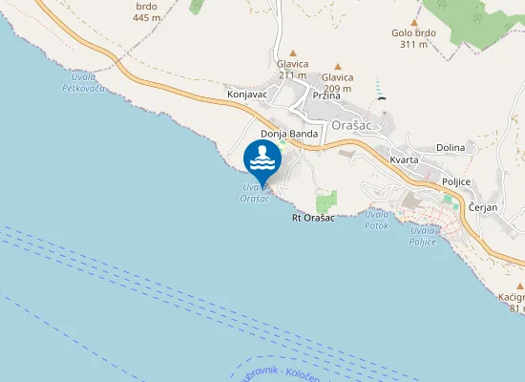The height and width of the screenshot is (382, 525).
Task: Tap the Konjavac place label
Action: (246, 95)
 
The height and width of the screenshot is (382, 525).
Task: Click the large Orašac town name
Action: (355, 124)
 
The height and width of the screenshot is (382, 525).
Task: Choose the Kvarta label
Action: (404, 159)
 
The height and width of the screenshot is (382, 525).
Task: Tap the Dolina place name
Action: (450, 148)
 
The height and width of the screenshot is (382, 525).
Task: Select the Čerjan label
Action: (484, 207)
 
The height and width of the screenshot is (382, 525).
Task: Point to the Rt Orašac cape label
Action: (312, 219)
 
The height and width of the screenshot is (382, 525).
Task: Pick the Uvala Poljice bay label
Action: (423, 235)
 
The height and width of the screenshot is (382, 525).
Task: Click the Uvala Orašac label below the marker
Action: (256, 191)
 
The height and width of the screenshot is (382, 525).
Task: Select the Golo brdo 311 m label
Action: (413, 38)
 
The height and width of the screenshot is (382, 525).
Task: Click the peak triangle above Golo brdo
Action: (413, 21)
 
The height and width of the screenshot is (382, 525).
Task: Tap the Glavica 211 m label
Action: (292, 70)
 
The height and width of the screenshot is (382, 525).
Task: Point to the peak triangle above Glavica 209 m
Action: (337, 67)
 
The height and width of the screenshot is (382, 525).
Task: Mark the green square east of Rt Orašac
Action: (326, 201)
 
